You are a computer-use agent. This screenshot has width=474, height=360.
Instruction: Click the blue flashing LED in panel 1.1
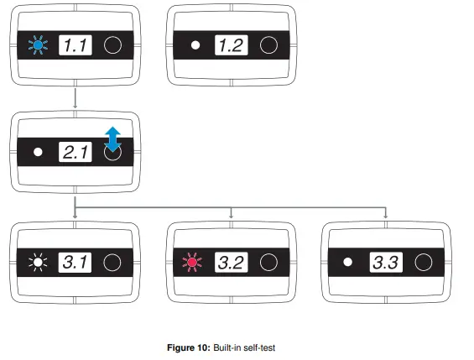point(36,45)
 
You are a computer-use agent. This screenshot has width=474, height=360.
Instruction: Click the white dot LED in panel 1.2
point(195,45)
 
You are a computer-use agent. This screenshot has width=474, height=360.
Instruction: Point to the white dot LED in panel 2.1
point(37,153)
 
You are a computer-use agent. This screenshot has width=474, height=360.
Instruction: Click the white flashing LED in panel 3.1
point(37,263)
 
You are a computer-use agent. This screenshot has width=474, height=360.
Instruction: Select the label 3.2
point(232,263)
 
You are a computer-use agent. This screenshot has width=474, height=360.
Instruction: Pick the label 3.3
point(388,263)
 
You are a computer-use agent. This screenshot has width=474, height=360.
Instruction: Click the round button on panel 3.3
point(424,263)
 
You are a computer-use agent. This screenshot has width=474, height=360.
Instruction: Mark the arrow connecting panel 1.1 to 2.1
point(76,97)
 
